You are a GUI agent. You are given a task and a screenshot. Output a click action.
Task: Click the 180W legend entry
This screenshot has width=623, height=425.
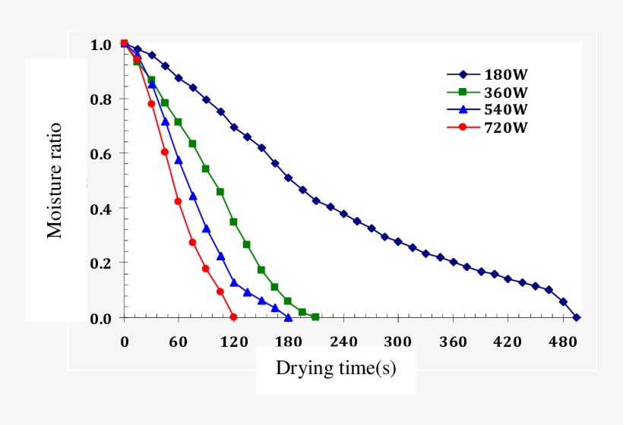[x=487, y=74]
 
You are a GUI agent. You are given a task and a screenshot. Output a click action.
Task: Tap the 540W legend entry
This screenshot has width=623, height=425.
[x=487, y=110]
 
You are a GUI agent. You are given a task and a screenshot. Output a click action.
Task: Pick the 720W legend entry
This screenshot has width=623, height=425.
[x=487, y=127]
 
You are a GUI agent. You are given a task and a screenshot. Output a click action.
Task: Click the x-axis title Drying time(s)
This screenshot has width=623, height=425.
[x=335, y=369]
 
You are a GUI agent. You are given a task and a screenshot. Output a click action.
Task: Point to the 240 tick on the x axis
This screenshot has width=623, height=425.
[x=343, y=342]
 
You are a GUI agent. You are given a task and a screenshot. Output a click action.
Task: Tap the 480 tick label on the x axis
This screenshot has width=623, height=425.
[x=561, y=342]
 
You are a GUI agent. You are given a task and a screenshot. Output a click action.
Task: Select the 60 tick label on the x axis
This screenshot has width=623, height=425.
[x=179, y=342]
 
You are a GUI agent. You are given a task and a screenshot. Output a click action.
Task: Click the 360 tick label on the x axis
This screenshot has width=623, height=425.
[x=452, y=342]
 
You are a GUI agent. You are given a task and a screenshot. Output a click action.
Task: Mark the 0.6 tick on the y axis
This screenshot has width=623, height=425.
[x=101, y=153]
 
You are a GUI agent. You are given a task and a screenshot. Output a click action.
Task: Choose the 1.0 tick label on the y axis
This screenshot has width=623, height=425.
[x=101, y=44]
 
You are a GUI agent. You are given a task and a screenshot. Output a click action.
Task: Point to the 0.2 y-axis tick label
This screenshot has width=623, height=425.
[x=101, y=263]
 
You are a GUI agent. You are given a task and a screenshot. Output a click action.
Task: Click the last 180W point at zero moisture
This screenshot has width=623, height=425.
[x=577, y=317]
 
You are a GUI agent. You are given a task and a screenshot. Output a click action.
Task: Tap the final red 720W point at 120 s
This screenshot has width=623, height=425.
[x=233, y=316]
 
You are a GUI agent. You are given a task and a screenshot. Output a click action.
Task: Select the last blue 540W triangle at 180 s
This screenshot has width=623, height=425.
[x=288, y=317]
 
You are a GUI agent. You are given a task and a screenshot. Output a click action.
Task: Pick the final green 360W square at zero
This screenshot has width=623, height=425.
[x=315, y=316]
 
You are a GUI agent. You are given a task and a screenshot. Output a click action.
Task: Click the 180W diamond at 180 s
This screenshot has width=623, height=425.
[x=288, y=178]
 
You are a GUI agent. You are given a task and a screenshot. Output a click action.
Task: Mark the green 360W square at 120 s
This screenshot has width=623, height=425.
[x=233, y=222]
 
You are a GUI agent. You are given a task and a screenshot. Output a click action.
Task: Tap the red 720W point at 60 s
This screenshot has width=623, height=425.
[x=178, y=201]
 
